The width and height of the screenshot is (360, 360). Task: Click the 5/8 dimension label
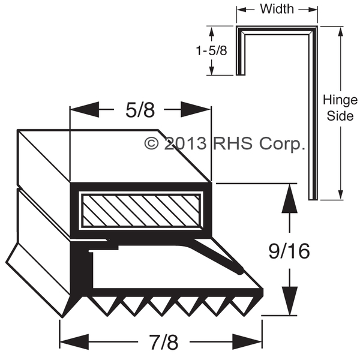coord(140,110)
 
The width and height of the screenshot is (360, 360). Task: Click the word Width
coord(277,9)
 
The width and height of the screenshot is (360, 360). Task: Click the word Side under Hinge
coord(340,116)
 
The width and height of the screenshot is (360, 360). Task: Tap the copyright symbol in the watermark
coord(152,143)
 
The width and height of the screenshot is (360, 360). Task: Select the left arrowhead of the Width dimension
coord(241,9)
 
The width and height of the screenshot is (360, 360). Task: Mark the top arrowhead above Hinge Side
coord(340,33)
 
